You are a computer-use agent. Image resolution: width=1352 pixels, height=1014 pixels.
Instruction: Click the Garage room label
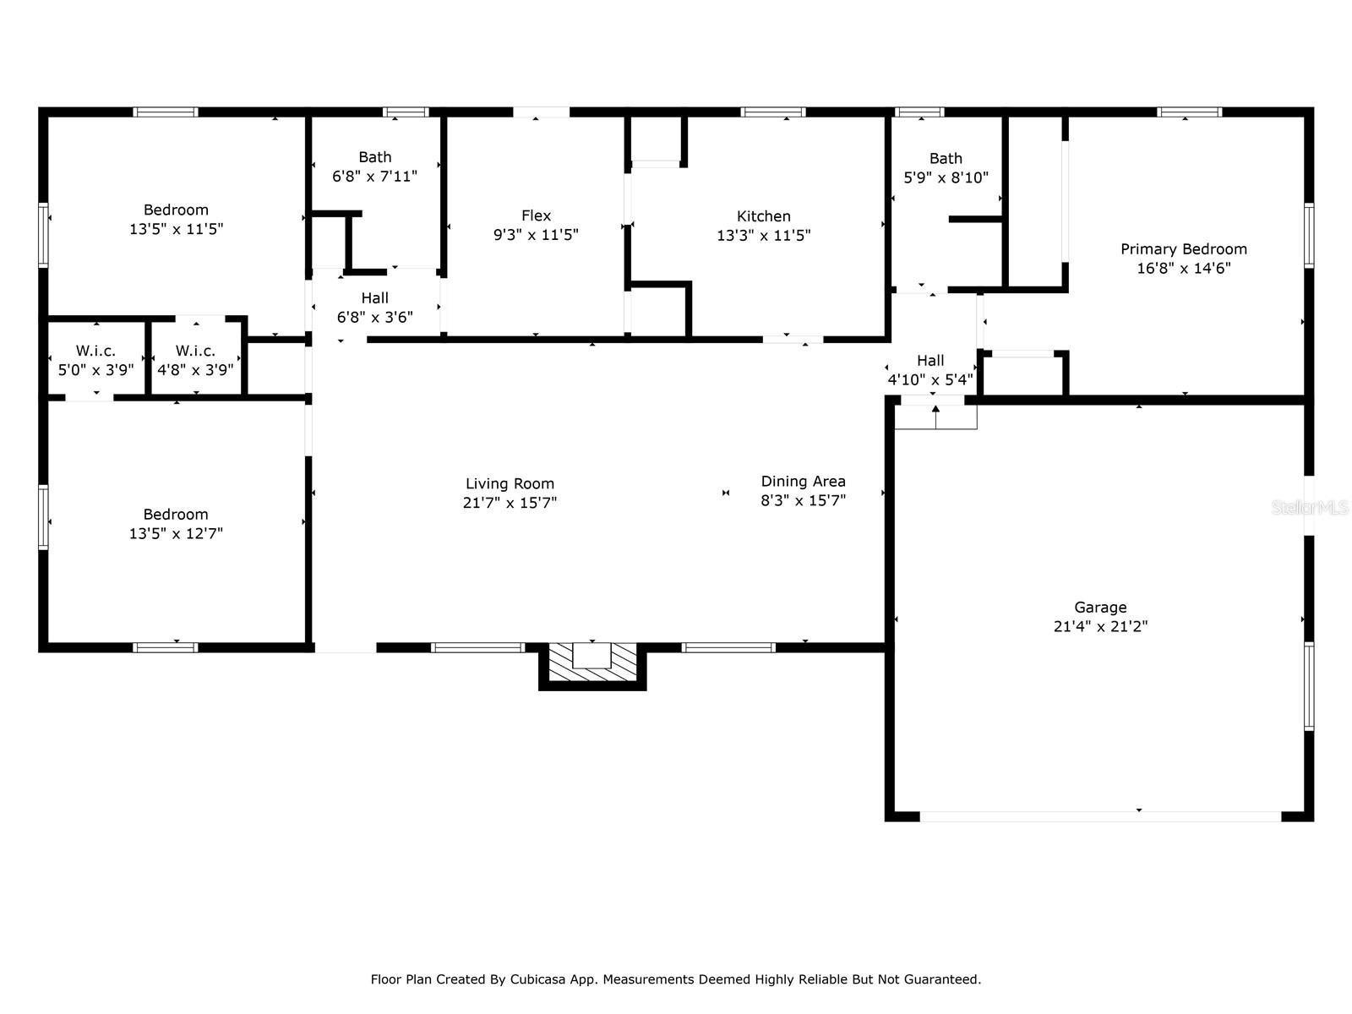click(1100, 607)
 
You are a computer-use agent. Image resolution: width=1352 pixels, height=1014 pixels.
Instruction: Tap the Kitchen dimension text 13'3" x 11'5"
click(763, 235)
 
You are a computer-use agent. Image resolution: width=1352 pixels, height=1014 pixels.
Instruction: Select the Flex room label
click(536, 215)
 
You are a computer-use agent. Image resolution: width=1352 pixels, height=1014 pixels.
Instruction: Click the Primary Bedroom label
click(1183, 249)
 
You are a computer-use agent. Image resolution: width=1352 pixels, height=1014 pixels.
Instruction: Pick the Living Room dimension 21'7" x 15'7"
click(510, 503)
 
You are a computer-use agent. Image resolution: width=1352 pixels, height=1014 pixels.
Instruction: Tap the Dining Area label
click(804, 482)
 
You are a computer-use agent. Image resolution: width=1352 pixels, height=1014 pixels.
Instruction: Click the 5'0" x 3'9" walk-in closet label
click(95, 360)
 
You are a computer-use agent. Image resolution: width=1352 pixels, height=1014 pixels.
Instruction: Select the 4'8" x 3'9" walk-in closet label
click(195, 360)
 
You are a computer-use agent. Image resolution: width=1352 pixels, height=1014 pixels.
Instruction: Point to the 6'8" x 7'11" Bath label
click(374, 166)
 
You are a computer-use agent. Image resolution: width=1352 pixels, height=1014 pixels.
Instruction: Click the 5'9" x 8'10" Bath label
click(946, 168)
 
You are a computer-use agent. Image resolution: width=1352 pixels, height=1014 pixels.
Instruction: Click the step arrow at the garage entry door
click(935, 417)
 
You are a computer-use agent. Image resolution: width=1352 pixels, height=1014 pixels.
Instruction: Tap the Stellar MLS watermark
click(1310, 507)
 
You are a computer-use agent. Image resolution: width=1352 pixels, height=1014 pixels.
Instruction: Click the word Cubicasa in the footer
click(537, 979)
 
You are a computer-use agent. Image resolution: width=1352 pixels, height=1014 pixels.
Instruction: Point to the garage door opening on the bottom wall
click(1100, 816)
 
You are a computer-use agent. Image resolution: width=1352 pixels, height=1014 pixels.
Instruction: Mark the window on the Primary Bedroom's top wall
click(1189, 112)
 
